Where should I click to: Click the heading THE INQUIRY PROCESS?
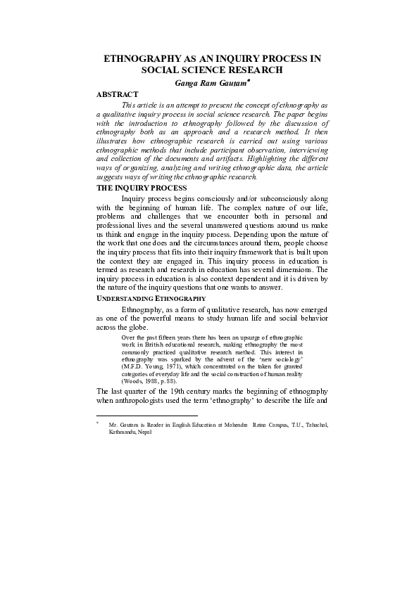[142, 188]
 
